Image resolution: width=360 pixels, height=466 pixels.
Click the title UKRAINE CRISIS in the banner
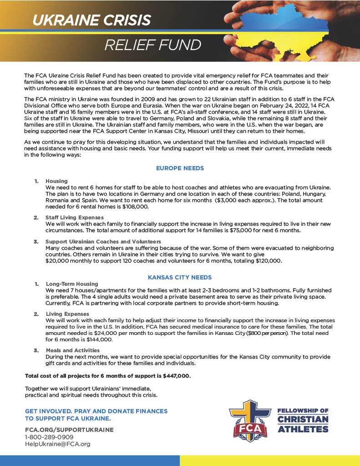(x=91, y=20)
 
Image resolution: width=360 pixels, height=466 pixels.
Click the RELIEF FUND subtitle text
(x=152, y=45)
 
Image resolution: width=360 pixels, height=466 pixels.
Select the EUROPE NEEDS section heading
(x=180, y=168)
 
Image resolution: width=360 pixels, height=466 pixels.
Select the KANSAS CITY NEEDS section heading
(x=180, y=277)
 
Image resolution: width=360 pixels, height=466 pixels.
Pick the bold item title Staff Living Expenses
(x=75, y=218)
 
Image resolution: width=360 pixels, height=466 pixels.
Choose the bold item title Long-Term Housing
(x=72, y=284)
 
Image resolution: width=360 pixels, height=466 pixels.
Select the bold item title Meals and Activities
(x=73, y=350)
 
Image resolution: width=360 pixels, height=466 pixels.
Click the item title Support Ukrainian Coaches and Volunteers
(x=103, y=241)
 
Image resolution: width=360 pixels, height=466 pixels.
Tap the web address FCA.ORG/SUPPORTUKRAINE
(x=69, y=430)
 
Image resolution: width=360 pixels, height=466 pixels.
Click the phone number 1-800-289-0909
(x=49, y=437)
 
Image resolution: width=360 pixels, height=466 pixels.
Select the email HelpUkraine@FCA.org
(x=58, y=444)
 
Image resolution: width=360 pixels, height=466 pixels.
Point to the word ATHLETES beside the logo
(x=303, y=429)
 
